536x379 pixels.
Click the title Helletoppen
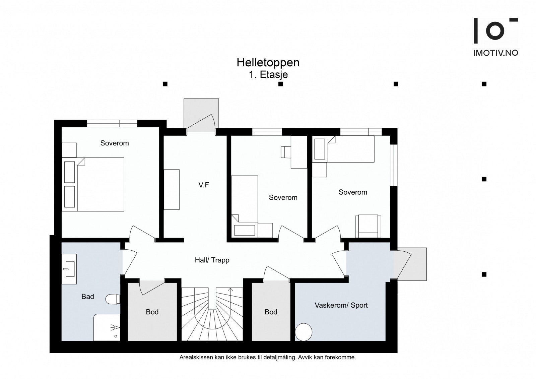[x=268, y=63]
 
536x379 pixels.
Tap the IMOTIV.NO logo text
[x=495, y=53]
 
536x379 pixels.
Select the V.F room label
[x=204, y=185]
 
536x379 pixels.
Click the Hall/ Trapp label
[x=212, y=260]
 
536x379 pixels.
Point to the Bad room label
[x=88, y=297]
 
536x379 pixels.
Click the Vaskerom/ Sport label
[x=341, y=305]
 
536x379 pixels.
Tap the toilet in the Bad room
[x=112, y=299]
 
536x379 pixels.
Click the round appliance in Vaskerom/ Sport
[x=304, y=332]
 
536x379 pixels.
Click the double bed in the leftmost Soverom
[x=100, y=184]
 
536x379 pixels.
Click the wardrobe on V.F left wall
[x=172, y=189]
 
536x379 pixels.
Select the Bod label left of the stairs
[x=152, y=312]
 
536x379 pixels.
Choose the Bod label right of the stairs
[x=271, y=312]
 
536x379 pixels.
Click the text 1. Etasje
[x=268, y=75]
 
